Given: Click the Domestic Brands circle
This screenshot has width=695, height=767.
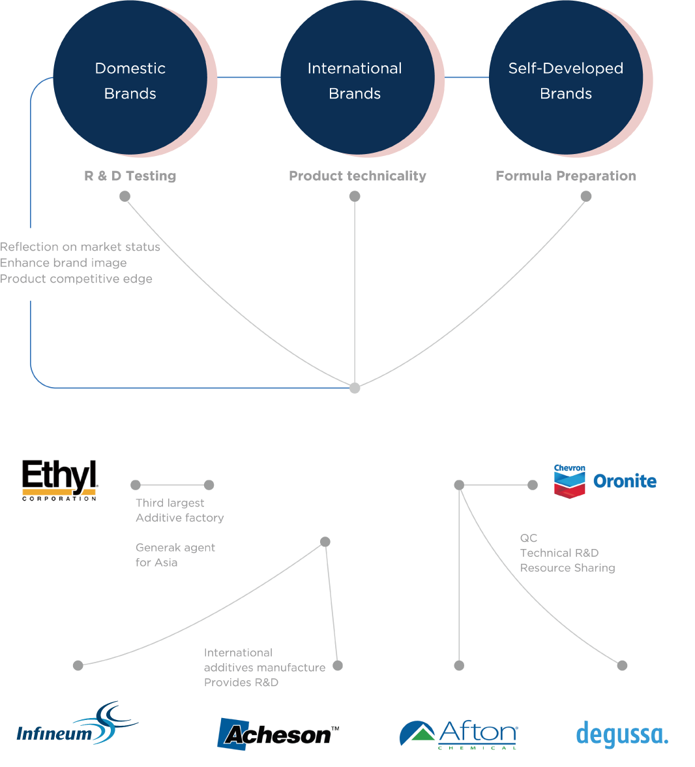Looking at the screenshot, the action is pyautogui.click(x=130, y=77).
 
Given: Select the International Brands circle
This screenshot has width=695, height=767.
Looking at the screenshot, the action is pyautogui.click(x=357, y=77).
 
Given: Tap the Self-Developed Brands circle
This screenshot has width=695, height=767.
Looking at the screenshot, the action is pyautogui.click(x=566, y=77).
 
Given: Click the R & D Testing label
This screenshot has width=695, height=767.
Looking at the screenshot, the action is pyautogui.click(x=130, y=176).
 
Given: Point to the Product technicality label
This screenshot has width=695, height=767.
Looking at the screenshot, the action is pyautogui.click(x=357, y=176).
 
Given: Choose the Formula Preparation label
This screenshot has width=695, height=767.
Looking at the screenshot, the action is pyautogui.click(x=566, y=176).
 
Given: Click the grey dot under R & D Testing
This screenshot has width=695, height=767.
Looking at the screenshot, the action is pyautogui.click(x=125, y=196).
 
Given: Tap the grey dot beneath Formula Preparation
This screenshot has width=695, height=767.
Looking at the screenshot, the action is pyautogui.click(x=586, y=196).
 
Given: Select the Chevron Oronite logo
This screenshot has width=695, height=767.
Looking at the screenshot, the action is pyautogui.click(x=605, y=481).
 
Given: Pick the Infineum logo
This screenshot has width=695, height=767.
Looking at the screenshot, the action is pyautogui.click(x=78, y=723).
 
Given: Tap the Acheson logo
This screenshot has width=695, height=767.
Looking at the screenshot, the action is pyautogui.click(x=278, y=734).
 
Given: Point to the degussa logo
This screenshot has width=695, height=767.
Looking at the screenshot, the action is pyautogui.click(x=622, y=734).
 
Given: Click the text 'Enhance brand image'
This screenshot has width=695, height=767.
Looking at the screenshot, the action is pyautogui.click(x=63, y=262).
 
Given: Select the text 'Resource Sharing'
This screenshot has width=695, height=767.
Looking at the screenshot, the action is pyautogui.click(x=567, y=568).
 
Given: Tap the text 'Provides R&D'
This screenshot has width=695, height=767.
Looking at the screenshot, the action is pyautogui.click(x=241, y=682).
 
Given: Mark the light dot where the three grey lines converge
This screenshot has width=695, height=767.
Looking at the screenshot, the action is pyautogui.click(x=355, y=388).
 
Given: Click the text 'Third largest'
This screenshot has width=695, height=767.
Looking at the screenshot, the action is pyautogui.click(x=170, y=503).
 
